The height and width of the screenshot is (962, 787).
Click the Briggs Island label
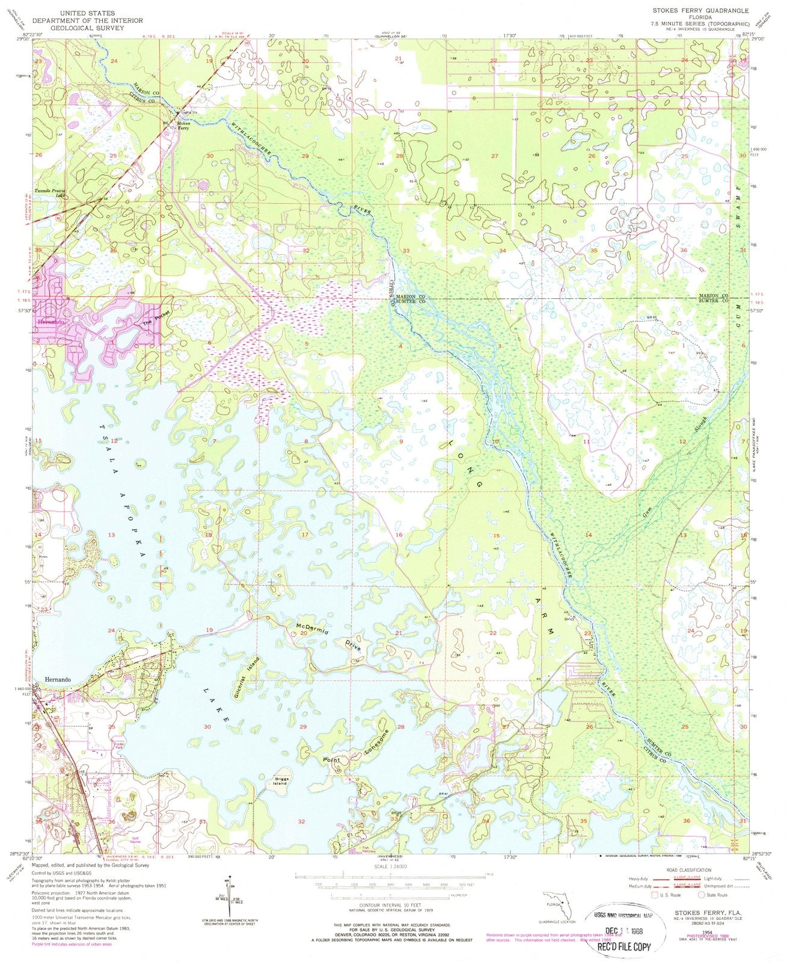coord(278,780)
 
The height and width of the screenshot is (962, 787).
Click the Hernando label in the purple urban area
coord(50,322)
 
